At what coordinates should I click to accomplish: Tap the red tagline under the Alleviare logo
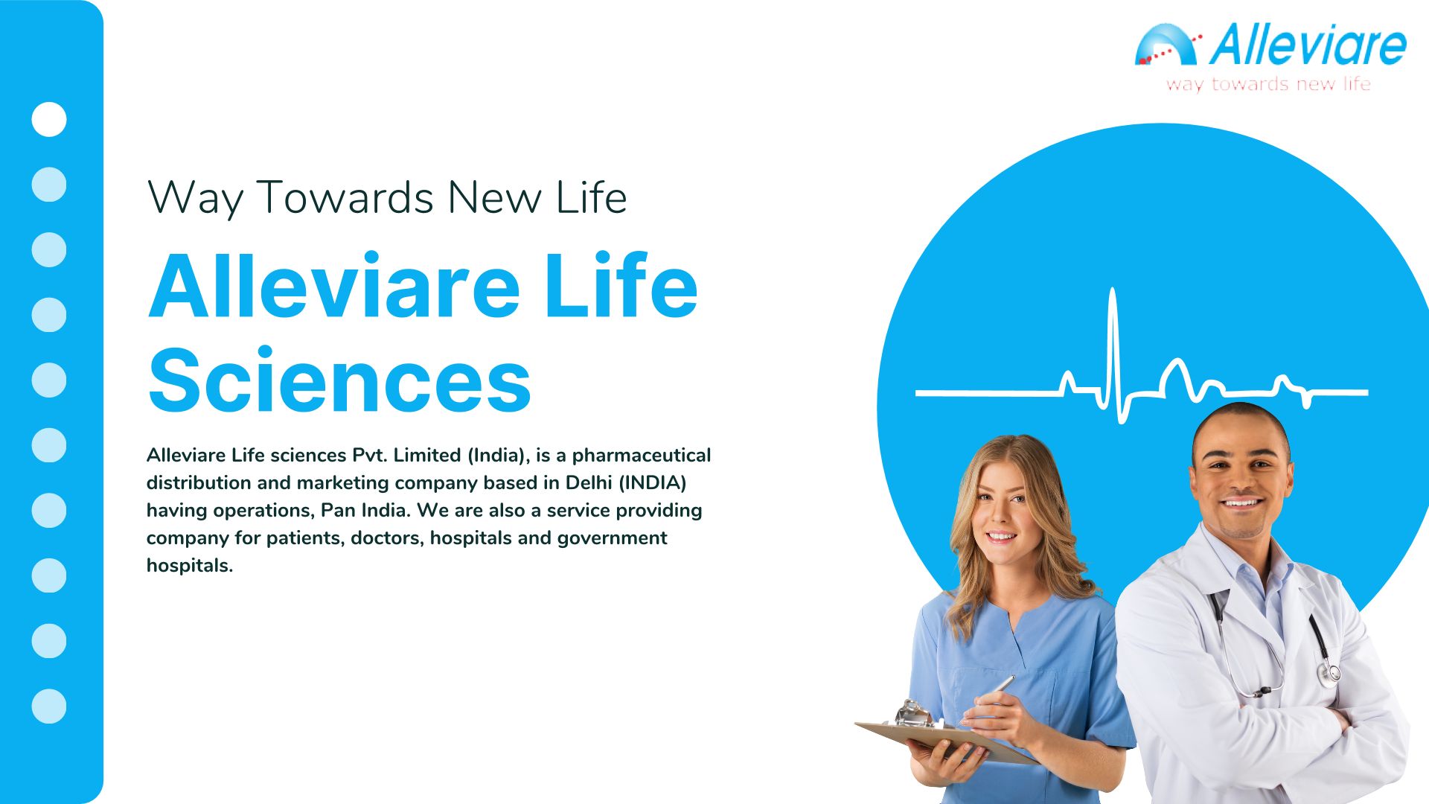pyautogui.click(x=1268, y=84)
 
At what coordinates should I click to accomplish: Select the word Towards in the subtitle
pyautogui.click(x=345, y=197)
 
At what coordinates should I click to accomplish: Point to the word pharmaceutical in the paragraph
pyautogui.click(x=642, y=455)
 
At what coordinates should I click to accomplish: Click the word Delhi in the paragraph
pyautogui.click(x=588, y=482)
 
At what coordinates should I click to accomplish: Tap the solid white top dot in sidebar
pyautogui.click(x=49, y=119)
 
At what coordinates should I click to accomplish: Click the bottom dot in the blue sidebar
pyautogui.click(x=49, y=706)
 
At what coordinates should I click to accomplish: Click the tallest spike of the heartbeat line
pyautogui.click(x=1113, y=290)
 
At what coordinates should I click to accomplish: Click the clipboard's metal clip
pyautogui.click(x=913, y=714)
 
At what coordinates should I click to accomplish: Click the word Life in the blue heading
pyautogui.click(x=621, y=287)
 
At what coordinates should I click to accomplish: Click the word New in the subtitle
pyautogui.click(x=495, y=197)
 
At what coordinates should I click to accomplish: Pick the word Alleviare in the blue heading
pyautogui.click(x=334, y=287)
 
